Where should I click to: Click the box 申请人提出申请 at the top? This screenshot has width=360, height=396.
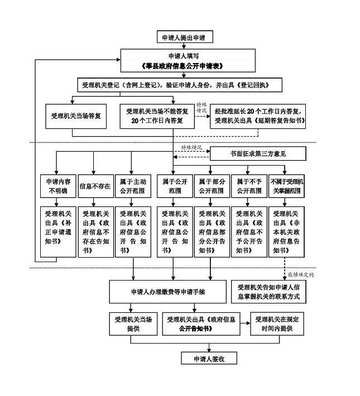point(184,37)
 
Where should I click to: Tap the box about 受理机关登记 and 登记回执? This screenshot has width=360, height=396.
point(180,85)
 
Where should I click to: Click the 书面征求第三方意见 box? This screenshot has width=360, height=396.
point(257,153)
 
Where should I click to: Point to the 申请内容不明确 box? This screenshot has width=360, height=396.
point(57,186)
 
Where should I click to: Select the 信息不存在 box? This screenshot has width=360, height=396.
point(94,186)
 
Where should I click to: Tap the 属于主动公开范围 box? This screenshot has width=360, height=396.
point(132,186)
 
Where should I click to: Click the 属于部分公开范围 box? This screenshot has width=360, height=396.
point(211,186)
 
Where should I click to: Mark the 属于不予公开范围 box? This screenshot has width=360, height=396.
point(249,186)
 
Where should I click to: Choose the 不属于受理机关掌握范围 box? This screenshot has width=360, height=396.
point(286,186)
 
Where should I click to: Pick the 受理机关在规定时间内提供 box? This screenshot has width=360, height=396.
point(279,325)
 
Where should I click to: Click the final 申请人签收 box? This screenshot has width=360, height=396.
point(208,358)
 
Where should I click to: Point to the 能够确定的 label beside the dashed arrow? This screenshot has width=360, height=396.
point(301,274)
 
